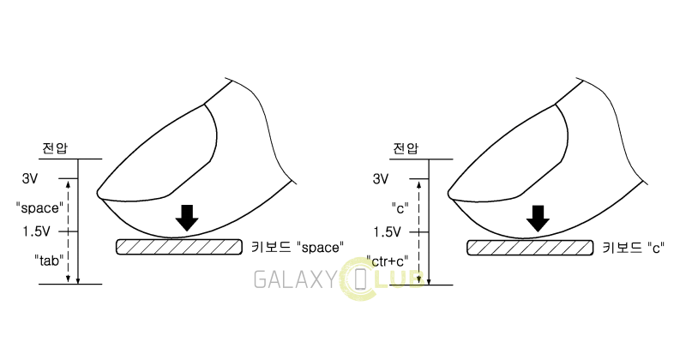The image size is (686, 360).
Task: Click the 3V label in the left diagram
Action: coord(30,178)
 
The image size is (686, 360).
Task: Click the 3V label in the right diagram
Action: coord(381,178)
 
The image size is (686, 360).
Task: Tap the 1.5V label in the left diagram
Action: coord(37,231)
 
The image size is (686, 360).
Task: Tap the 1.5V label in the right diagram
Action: coord(388,231)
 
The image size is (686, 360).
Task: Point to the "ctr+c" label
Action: coord(388,261)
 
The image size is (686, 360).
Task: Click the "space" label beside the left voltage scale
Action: coord(39,207)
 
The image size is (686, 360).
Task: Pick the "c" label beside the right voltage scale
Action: coord(400,207)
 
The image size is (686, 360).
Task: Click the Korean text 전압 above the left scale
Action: coord(55,147)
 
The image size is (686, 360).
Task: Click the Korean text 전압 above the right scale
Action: coord(406,148)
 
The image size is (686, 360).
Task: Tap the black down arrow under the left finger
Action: coord(186,218)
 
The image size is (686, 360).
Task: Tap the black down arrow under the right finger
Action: coord(538,219)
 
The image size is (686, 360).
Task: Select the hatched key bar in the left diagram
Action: coord(179,247)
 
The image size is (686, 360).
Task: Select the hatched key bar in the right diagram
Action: coord(530,248)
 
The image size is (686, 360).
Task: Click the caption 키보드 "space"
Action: coord(298,247)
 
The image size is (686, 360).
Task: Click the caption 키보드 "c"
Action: coord(634,248)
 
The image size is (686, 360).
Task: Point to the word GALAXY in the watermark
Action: coord(296,280)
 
